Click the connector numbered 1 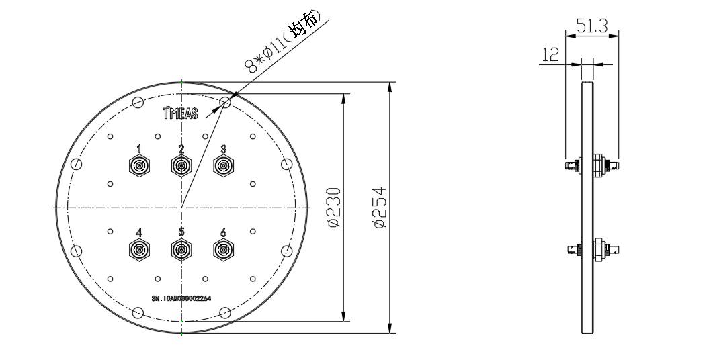139,165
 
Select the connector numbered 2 181,165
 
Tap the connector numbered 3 223,165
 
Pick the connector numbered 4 139,251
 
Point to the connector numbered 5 181,251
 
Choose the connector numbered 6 223,251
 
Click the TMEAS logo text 181,113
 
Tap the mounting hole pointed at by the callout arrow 225,103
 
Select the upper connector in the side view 591,165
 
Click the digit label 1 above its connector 139,148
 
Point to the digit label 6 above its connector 223,232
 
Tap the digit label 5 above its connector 181,232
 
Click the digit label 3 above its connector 223,148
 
